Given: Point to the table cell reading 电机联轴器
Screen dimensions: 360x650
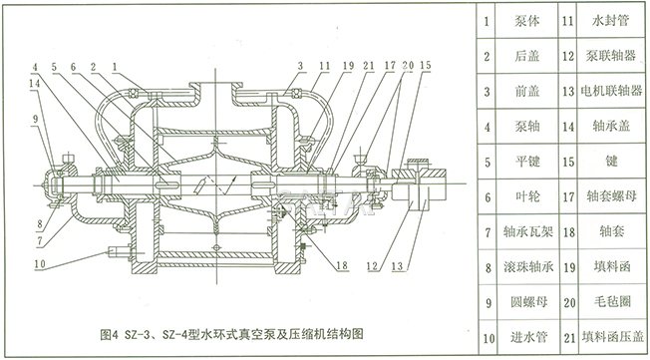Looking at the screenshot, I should pyautogui.click(x=611, y=90).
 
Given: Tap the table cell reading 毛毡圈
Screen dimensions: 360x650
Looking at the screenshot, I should pyautogui.click(x=611, y=305).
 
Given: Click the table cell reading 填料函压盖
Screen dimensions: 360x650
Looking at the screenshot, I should pyautogui.click(x=611, y=340).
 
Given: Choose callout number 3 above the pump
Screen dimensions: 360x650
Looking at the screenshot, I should pyautogui.click(x=299, y=66).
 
